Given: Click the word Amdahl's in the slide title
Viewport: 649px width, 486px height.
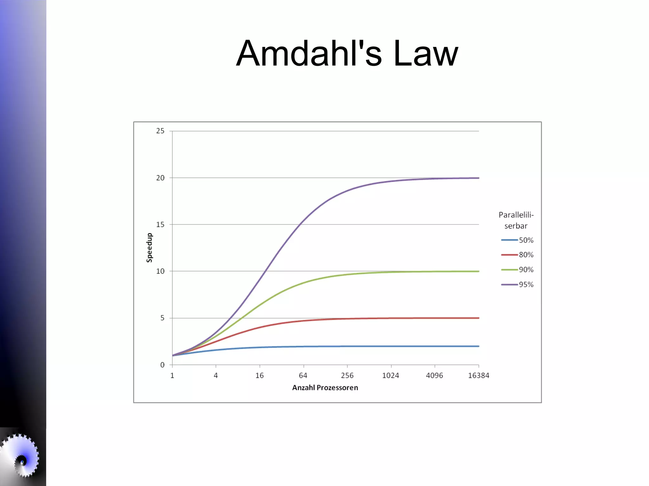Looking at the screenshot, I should click(x=309, y=54).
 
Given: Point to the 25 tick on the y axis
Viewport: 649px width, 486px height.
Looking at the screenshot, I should click(x=160, y=131).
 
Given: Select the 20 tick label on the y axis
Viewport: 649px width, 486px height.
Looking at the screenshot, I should click(x=160, y=178).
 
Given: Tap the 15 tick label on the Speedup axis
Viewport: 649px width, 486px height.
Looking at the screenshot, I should click(x=160, y=224).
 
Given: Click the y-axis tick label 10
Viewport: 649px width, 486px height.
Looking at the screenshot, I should click(x=160, y=271).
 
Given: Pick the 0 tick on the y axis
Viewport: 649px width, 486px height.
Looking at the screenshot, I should click(x=162, y=365).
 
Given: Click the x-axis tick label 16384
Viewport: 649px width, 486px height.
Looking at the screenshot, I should click(x=479, y=376).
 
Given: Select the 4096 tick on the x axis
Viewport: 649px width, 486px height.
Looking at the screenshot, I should click(x=434, y=376).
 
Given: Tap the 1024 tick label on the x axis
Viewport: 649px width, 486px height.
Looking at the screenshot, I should click(x=390, y=376).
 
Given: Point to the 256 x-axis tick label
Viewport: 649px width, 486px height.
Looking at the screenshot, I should click(x=347, y=376).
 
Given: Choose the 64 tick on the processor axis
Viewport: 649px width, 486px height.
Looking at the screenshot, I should click(x=303, y=376).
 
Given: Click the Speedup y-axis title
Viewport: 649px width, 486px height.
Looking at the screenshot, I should click(x=149, y=248).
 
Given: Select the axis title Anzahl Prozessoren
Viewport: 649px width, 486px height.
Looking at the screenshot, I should click(x=325, y=388).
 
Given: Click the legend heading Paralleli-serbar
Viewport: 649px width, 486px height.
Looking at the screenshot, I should click(x=516, y=220).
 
